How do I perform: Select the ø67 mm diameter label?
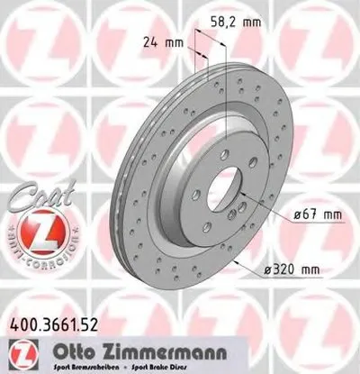tap(319, 214)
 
